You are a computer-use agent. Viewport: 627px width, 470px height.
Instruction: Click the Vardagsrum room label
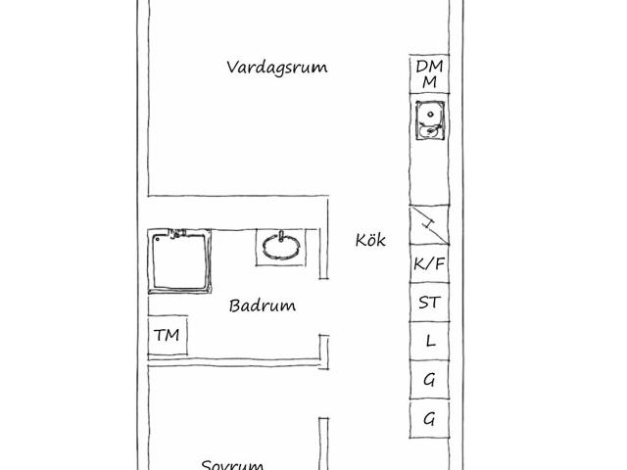276,68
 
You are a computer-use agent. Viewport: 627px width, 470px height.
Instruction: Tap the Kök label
370,240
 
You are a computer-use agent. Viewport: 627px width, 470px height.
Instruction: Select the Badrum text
263,305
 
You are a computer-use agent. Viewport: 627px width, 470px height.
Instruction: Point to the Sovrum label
232,465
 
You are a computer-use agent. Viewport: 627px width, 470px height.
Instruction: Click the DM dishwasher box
429,74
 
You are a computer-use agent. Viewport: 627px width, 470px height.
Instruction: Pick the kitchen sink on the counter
430,120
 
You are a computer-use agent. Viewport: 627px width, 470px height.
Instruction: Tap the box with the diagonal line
429,224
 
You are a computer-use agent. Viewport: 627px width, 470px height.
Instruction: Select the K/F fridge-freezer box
429,263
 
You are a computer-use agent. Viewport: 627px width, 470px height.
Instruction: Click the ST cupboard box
429,303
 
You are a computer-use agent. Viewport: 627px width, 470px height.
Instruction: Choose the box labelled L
429,341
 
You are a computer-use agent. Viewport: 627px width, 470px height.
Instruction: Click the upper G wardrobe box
429,380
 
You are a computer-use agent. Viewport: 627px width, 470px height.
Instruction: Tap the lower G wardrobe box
429,419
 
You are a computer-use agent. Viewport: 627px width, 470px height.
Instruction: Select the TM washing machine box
168,335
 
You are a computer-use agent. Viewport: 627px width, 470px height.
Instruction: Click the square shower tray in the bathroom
179,261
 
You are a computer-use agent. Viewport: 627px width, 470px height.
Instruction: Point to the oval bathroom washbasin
281,247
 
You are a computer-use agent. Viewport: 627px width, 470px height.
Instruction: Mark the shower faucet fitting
176,233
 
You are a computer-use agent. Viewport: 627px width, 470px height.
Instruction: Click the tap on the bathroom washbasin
281,236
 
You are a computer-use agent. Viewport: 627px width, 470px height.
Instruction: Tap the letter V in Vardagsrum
233,67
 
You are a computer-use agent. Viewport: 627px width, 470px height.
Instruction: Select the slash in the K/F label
429,263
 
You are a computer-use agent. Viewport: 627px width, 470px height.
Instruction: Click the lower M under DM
429,82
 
